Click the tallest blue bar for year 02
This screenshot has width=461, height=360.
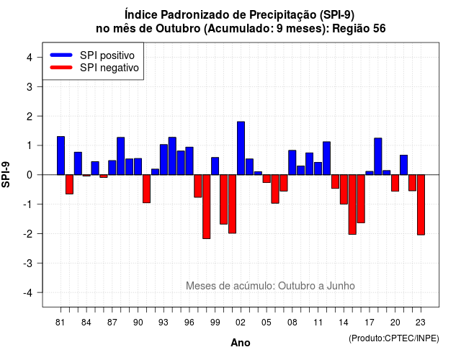click(x=241, y=148)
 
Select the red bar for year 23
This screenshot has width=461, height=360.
click(x=421, y=204)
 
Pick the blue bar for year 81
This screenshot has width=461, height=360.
click(x=61, y=156)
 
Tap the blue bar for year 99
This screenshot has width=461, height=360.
click(x=215, y=166)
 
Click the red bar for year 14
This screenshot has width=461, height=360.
click(x=344, y=189)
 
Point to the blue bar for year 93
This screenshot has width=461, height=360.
click(x=164, y=160)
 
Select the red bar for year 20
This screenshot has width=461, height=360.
click(x=395, y=183)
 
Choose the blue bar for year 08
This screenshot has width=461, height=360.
click(x=292, y=163)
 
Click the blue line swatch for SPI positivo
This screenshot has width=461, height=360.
click(x=61, y=55)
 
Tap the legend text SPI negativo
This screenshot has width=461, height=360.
click(x=109, y=68)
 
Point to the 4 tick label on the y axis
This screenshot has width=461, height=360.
click(x=30, y=58)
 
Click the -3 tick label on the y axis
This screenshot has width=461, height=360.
click(x=27, y=263)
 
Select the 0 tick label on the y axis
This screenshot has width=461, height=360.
click(x=30, y=175)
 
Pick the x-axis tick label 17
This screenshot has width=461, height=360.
click(x=370, y=323)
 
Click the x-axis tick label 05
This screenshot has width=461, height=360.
click(x=267, y=323)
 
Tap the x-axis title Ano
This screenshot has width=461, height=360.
click(x=241, y=343)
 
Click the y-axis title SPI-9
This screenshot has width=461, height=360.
click(x=6, y=174)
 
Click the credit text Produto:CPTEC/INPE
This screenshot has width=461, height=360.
click(x=394, y=338)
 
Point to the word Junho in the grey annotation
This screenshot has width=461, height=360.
click(x=341, y=286)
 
